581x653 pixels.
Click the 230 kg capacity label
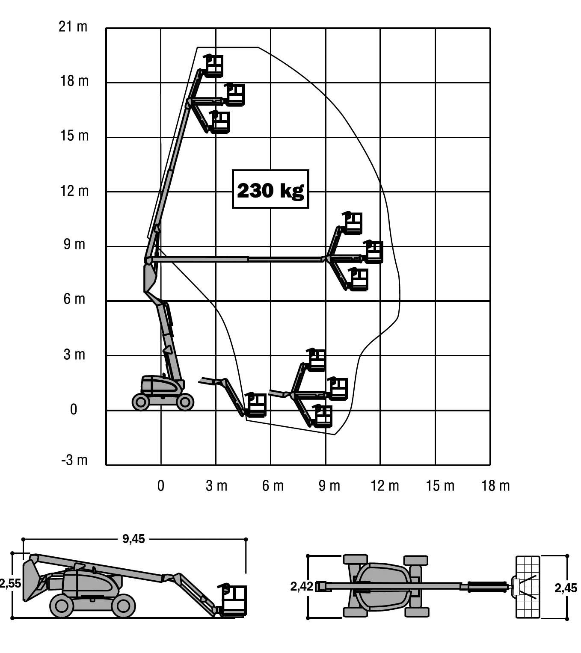point(270,190)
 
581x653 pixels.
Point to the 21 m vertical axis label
point(73,27)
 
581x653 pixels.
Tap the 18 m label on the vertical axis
point(74,81)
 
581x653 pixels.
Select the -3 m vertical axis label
point(74,460)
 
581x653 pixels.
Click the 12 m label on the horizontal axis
point(385,486)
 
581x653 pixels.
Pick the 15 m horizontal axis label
point(440,486)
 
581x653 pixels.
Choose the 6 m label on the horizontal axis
point(273,486)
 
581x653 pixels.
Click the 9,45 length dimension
point(134,539)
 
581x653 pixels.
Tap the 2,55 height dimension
point(10,583)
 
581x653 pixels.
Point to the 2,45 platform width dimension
point(566,588)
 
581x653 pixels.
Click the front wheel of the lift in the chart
point(185,402)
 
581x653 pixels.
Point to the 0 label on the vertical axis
point(74,410)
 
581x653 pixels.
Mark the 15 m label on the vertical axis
point(74,136)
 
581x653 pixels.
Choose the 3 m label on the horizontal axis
point(216,486)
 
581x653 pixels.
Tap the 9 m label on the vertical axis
point(74,245)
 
